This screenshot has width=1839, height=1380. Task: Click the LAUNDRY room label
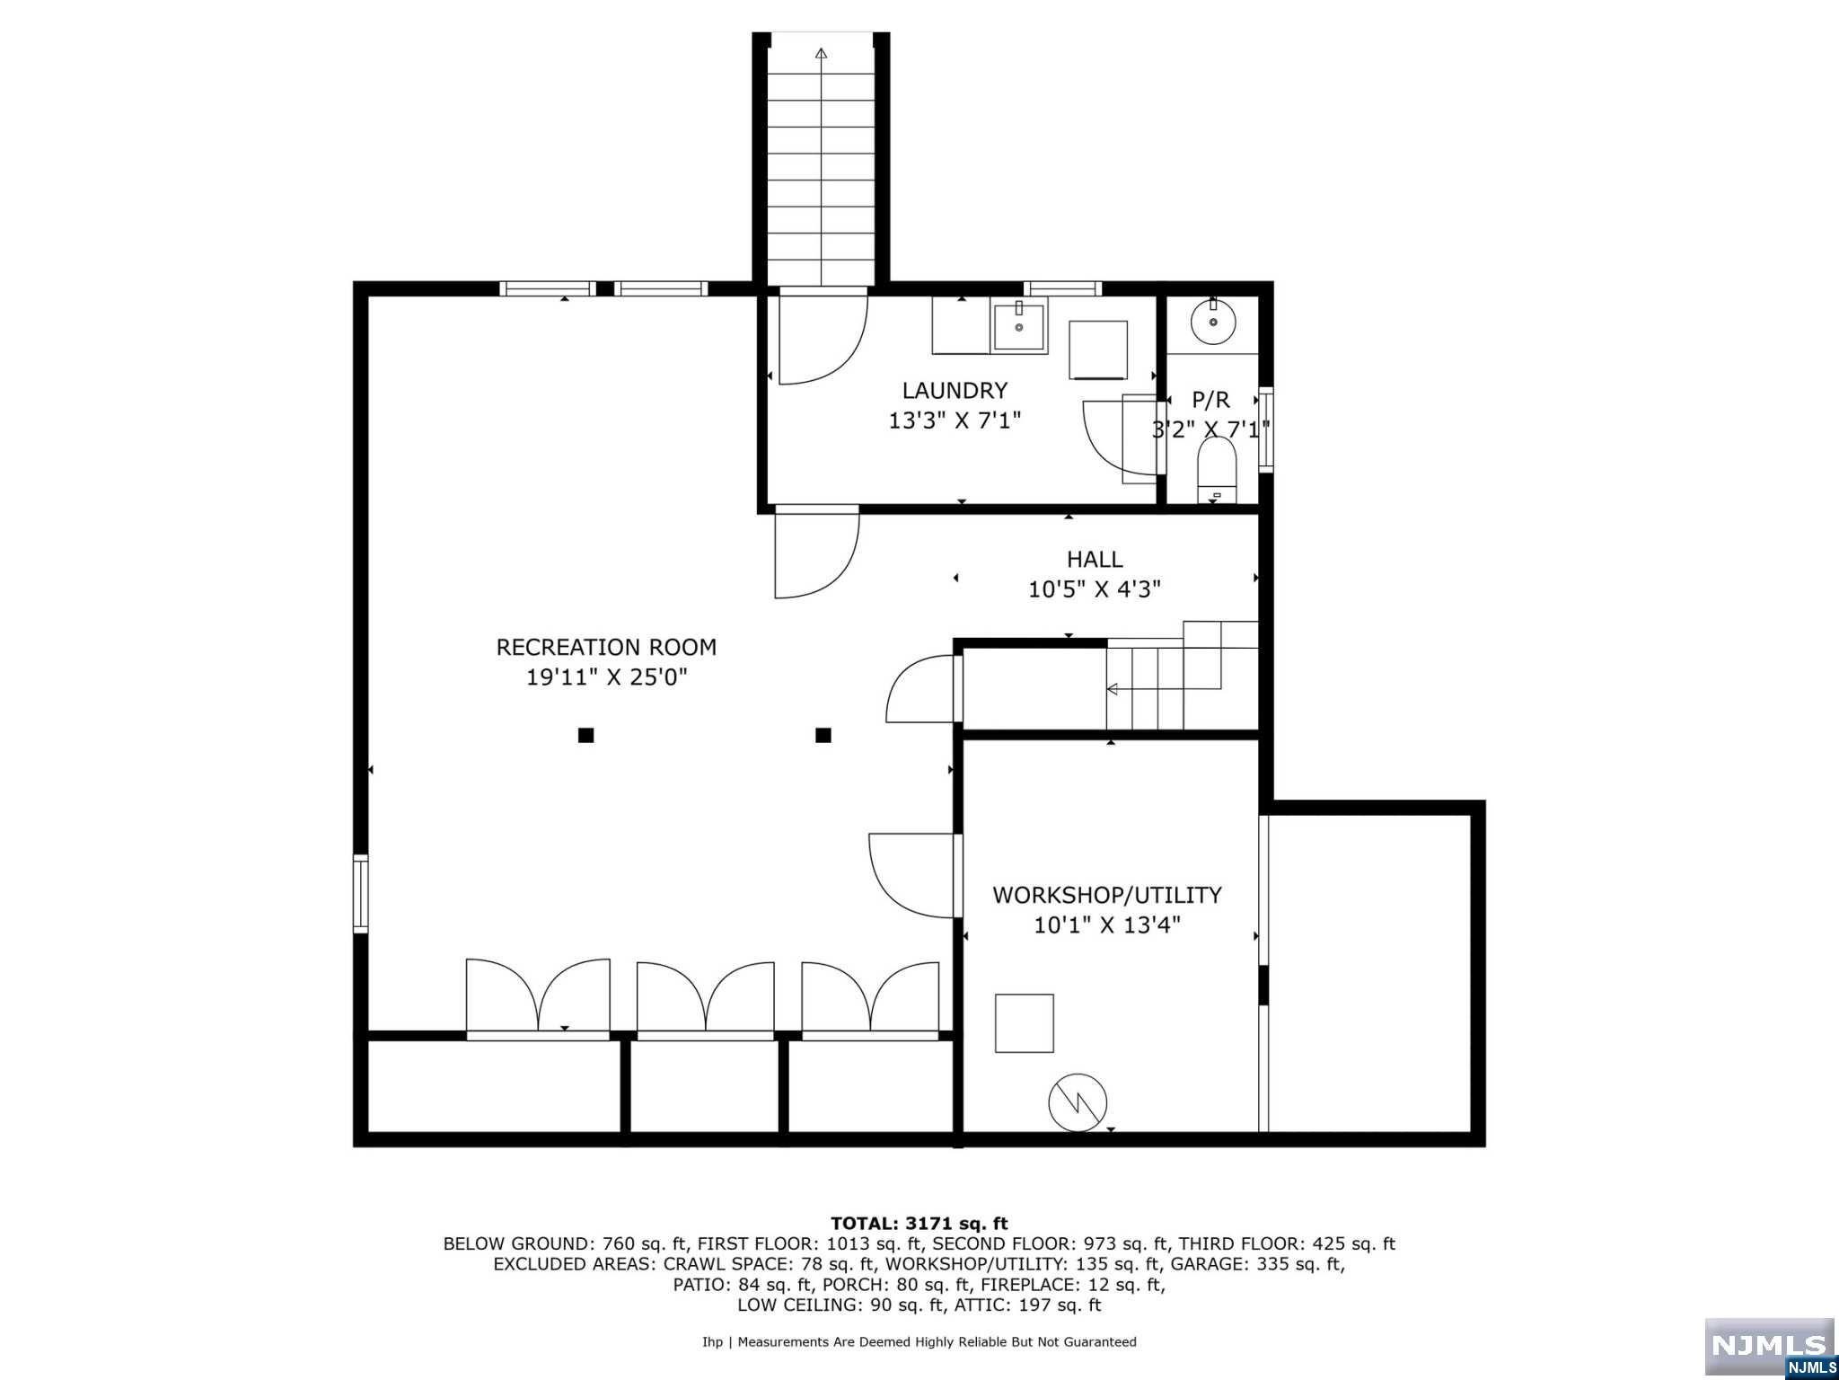pos(955,390)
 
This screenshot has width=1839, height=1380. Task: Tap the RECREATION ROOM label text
pos(606,647)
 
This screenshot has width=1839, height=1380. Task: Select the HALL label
pos(1095,559)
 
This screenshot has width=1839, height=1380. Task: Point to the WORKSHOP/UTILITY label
pos(1107,895)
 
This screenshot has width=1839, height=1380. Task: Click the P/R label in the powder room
pos(1210,400)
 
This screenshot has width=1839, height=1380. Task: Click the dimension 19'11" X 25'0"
pos(606,677)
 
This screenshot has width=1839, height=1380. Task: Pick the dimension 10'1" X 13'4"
pos(1107,924)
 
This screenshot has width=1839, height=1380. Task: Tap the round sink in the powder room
pos(1213,321)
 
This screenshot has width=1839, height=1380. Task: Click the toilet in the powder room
pos(1217,470)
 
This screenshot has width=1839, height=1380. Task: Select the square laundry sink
pos(1018,327)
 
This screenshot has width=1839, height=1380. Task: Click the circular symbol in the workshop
pos(1078,1102)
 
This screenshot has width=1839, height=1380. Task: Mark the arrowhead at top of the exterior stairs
pos(821,54)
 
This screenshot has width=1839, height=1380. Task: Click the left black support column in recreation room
pos(585,735)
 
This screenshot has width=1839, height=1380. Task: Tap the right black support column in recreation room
pos(823,735)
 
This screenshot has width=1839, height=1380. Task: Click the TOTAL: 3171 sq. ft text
pos(919,1223)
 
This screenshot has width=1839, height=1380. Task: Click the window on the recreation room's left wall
pos(360,893)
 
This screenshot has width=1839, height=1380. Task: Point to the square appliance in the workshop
pos(1024,1022)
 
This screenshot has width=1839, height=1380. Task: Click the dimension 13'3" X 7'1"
pos(955,420)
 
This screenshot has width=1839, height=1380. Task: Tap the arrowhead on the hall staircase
pos(1113,689)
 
